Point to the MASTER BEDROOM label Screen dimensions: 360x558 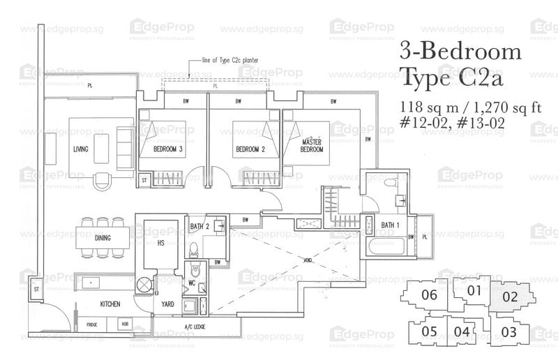pyautogui.click(x=310, y=145)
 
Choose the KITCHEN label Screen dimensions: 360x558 pyautogui.click(x=110, y=304)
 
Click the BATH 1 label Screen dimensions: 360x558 pyautogui.click(x=391, y=225)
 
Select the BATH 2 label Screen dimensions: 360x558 pyautogui.click(x=200, y=226)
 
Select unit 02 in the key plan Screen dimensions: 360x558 pyautogui.click(x=510, y=297)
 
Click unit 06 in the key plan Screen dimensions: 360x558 pyautogui.click(x=430, y=295)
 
